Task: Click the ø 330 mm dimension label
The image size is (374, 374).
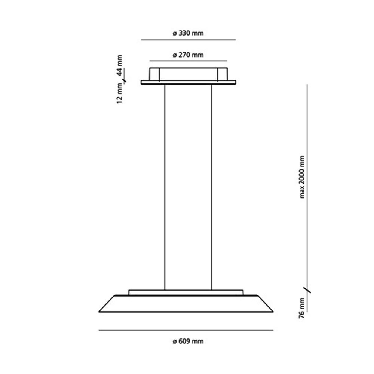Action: point(188,33)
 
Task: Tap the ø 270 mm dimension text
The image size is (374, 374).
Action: point(188,55)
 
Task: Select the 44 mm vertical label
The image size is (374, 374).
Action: point(119,65)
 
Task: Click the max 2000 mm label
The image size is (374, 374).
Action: point(302,177)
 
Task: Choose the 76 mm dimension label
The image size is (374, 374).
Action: point(302,308)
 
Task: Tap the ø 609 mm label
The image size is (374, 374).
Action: point(188,341)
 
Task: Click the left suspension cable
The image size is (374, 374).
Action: point(165,187)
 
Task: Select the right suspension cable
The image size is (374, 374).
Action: point(212,187)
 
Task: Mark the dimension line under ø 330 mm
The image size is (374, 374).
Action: point(188,40)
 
